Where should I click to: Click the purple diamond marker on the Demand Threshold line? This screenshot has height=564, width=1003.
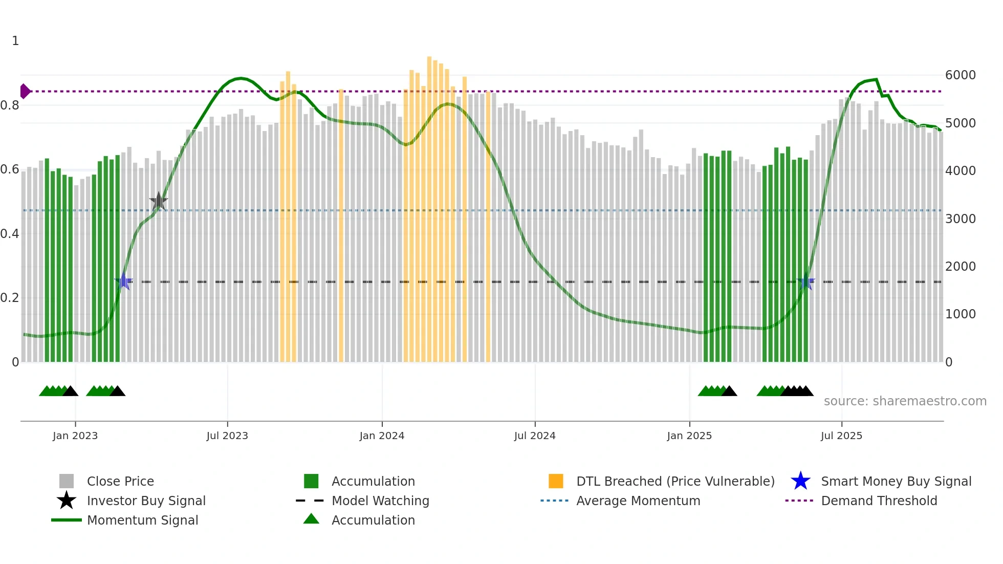[x=25, y=91]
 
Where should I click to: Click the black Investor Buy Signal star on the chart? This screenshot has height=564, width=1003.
[x=159, y=201]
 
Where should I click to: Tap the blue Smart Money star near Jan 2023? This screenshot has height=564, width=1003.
[x=123, y=281]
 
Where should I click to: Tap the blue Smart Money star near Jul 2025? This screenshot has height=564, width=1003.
[x=805, y=281]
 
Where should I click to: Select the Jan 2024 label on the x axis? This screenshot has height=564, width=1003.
[x=382, y=436]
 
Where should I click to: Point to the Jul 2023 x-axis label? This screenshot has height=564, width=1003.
[x=227, y=436]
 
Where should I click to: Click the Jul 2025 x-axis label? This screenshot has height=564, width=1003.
[x=841, y=436]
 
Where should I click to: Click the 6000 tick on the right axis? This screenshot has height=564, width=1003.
[x=961, y=75]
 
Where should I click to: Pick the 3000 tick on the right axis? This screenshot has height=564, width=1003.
[x=961, y=219]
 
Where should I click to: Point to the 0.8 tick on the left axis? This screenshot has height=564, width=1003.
[x=10, y=105]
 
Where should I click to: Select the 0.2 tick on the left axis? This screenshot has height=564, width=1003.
[x=10, y=298]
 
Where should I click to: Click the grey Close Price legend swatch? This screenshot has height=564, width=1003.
[x=67, y=481]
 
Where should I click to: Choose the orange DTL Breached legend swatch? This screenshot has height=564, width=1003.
[x=556, y=481]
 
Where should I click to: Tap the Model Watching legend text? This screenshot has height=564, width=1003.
[x=380, y=501]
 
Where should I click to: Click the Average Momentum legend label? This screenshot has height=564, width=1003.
[x=638, y=501]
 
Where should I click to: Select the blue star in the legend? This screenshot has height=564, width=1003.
[x=800, y=481]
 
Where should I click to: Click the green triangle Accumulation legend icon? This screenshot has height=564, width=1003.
[x=311, y=519]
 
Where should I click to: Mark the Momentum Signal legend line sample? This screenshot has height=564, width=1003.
[x=67, y=520]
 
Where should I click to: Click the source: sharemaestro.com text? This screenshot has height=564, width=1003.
[x=905, y=401]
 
